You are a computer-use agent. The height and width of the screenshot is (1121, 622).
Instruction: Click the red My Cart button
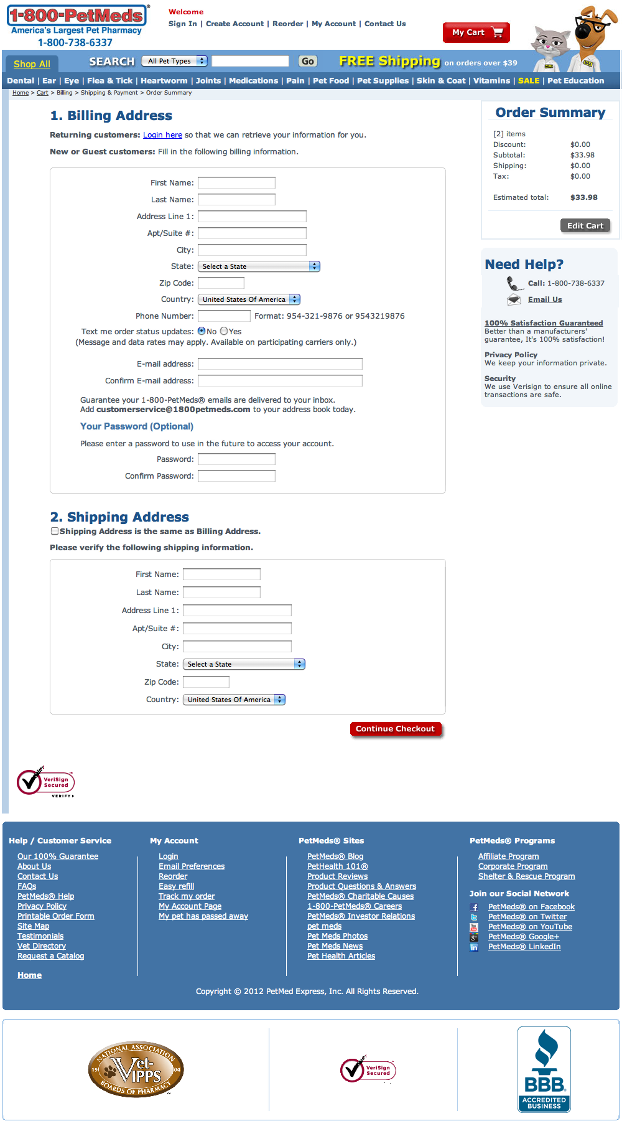476,32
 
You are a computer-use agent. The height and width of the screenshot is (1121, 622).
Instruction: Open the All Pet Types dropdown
174,61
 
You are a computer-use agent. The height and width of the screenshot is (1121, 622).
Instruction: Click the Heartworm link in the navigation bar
164,81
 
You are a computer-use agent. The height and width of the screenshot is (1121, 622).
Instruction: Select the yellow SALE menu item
528,81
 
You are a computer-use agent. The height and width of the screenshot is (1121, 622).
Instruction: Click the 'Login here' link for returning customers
162,135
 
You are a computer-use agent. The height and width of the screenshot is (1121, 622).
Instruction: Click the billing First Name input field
236,183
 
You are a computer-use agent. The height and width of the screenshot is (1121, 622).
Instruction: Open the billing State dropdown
259,266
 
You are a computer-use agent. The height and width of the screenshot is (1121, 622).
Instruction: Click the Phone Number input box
223,316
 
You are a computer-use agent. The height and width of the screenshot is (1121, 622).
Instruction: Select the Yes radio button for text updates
224,331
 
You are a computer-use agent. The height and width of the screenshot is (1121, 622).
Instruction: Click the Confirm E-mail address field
280,381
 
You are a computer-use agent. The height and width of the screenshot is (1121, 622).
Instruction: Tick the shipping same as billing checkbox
55,531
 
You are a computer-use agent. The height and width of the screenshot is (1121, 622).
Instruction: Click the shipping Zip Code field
206,682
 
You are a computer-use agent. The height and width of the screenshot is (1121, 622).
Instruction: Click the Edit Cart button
585,225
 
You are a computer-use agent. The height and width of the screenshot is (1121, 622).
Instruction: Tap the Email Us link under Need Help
544,299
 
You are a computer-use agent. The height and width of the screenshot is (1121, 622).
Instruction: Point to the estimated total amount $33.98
583,197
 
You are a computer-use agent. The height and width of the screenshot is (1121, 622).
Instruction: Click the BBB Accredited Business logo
544,1069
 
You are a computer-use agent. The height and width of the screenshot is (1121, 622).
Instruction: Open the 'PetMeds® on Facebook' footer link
531,907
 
